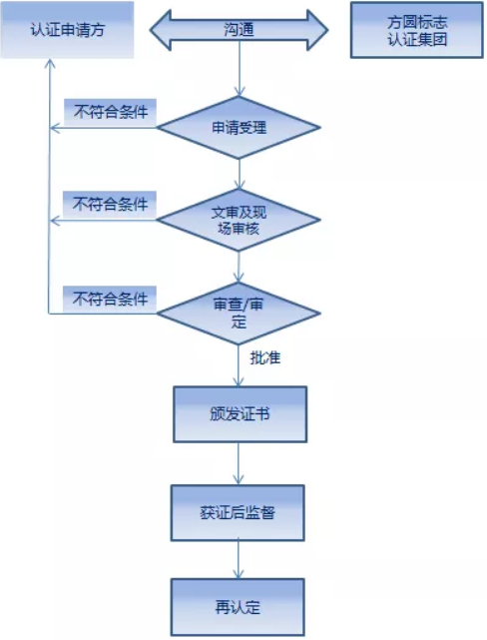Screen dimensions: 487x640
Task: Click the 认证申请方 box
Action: click(x=67, y=30)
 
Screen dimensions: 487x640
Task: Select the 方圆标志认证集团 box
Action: click(x=416, y=30)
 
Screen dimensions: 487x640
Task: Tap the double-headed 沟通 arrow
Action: click(x=240, y=30)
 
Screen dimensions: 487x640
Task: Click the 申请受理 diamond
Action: click(x=240, y=128)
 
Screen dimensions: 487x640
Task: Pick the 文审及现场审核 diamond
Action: click(x=240, y=220)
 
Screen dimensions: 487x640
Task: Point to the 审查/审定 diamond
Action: click(x=240, y=314)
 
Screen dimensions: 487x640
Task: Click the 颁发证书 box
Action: click(x=240, y=414)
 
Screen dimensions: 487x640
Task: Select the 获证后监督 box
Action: click(x=238, y=513)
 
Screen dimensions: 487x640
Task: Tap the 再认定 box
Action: click(x=238, y=607)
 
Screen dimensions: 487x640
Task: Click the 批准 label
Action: click(x=265, y=358)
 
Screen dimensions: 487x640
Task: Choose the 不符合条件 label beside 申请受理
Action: click(x=111, y=112)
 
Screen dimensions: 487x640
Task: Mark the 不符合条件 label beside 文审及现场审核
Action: click(x=110, y=204)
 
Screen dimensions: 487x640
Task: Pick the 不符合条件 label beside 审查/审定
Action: click(x=110, y=299)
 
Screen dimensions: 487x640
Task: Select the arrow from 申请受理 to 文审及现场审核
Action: click(x=240, y=175)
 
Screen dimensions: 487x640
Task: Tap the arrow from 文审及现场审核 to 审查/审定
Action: click(x=240, y=267)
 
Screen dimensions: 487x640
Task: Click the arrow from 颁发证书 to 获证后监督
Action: click(x=239, y=463)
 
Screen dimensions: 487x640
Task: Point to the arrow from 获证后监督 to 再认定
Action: click(x=239, y=559)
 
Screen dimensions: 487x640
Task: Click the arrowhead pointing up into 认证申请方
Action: click(x=50, y=64)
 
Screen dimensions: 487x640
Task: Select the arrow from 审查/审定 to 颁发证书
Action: click(x=239, y=365)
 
